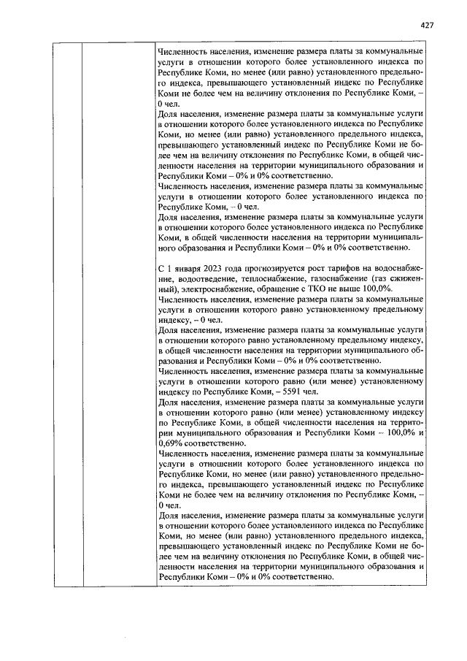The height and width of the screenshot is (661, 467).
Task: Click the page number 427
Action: [x=428, y=25]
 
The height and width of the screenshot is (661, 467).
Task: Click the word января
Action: [x=182, y=269]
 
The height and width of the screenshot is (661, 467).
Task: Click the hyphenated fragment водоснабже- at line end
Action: [x=401, y=269]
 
